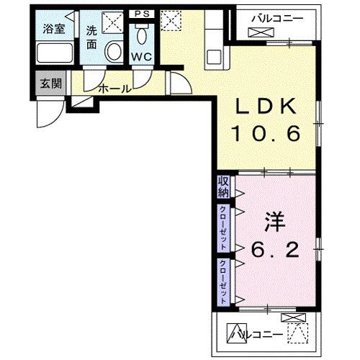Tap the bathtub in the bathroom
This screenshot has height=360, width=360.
coord(55,53)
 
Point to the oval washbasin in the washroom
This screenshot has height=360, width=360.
coord(113,51)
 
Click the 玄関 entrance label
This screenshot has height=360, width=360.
coord(50,83)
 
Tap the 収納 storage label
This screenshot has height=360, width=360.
coord(223,187)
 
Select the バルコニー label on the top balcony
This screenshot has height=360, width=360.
coord(276,18)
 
